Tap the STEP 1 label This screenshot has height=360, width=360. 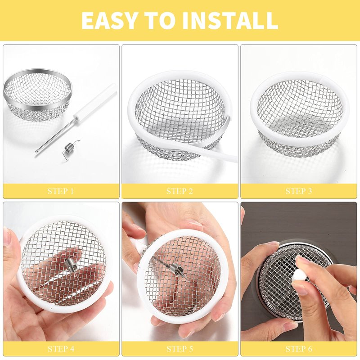coord(61,191)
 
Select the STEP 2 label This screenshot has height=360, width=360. coord(180,191)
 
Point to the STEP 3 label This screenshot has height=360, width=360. coord(299,191)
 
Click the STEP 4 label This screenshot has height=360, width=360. coord(61,349)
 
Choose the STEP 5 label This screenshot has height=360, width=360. coord(180,349)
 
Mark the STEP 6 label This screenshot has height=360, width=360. coord(299,349)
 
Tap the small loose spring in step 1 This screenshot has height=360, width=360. coord(70,148)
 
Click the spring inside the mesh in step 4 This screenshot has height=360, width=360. coord(70,265)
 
